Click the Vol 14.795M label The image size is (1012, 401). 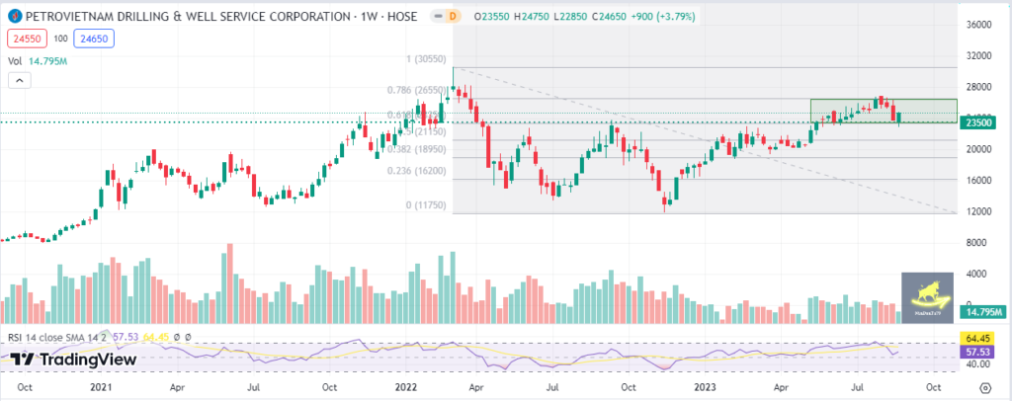point(37,61)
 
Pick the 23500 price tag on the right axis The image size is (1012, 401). point(978,122)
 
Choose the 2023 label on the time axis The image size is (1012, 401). point(705,387)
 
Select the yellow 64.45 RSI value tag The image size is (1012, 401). point(978,338)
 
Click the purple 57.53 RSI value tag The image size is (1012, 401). point(978,352)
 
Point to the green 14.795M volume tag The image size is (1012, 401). point(982,312)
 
